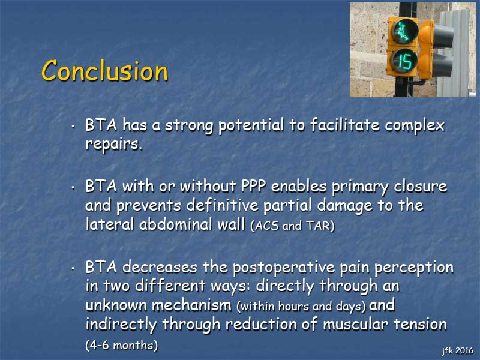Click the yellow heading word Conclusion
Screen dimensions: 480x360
coord(104,71)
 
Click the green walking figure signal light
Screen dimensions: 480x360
coord(404,31)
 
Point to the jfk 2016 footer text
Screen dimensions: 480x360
coord(457,350)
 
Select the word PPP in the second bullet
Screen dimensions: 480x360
coord(253,186)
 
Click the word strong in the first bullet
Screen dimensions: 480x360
coord(189,125)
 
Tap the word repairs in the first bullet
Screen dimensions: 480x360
coord(114,143)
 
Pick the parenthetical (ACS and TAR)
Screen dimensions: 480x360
coord(292,226)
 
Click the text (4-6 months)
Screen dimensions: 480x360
coord(122,346)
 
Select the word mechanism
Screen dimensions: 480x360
coord(191,305)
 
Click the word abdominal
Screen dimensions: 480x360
coord(176,224)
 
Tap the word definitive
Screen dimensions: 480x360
coord(222,205)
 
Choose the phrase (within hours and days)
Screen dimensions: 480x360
coord(301,306)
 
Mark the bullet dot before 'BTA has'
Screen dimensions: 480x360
coord(73,126)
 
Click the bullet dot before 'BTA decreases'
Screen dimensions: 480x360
coord(73,268)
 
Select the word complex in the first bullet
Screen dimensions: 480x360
coord(415,125)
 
